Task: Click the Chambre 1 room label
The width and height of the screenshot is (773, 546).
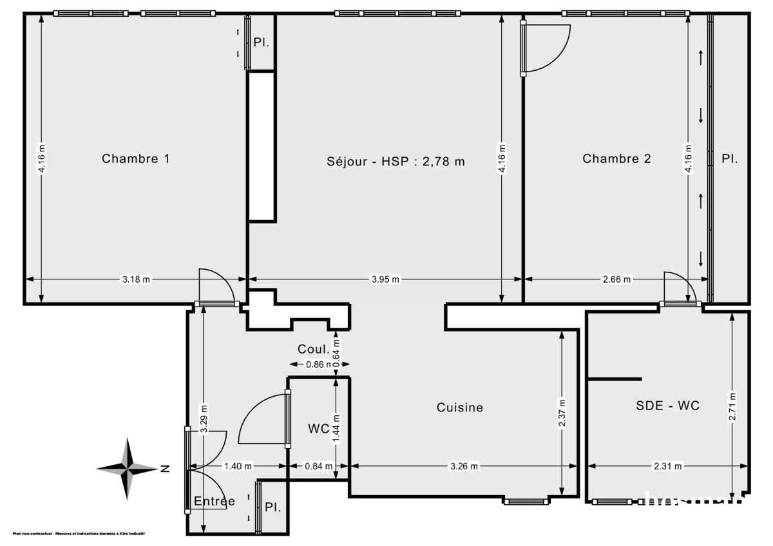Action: (x=136, y=158)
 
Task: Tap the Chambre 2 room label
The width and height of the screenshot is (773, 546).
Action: (x=616, y=158)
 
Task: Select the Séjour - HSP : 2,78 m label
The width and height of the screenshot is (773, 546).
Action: (x=396, y=162)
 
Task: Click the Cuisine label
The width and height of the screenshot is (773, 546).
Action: (x=459, y=407)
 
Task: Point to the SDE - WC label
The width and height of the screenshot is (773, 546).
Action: (x=667, y=406)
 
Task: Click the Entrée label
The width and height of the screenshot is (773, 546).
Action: (x=215, y=501)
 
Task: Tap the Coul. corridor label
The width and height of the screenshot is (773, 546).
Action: (x=314, y=349)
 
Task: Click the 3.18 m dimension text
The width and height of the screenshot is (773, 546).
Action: (x=136, y=279)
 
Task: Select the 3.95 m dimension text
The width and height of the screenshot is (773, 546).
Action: (x=385, y=279)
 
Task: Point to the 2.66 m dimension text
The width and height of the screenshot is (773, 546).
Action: (x=617, y=279)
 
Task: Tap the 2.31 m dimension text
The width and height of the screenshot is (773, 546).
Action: (x=667, y=467)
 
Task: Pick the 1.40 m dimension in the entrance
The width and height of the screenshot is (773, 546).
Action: (x=238, y=467)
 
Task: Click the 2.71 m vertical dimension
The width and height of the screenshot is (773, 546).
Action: (x=732, y=407)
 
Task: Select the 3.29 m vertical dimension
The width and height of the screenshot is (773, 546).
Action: (x=204, y=419)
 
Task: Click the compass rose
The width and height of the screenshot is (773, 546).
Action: (x=128, y=468)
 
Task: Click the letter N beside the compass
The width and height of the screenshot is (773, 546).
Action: (x=166, y=468)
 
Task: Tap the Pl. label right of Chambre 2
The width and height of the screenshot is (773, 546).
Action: (x=729, y=158)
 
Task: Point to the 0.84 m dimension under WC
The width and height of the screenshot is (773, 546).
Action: (x=319, y=467)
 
